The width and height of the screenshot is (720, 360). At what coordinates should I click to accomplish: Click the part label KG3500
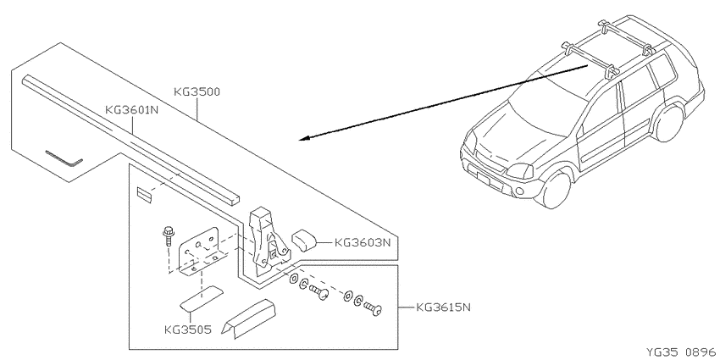[197, 91]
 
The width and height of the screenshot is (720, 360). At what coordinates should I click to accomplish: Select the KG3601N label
[132, 110]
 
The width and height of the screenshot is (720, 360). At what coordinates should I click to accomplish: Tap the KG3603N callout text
[363, 242]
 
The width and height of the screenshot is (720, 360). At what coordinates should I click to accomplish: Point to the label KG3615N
[444, 307]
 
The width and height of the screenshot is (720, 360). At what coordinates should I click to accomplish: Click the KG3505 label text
[188, 330]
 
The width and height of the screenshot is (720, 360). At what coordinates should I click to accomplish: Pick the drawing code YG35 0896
[681, 352]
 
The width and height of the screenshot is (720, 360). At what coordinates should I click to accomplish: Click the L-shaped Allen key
[64, 159]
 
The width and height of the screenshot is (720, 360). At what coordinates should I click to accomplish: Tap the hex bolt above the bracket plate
[168, 235]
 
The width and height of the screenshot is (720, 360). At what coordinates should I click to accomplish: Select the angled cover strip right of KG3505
[248, 318]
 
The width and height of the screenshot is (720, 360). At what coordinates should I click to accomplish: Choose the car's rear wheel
[668, 123]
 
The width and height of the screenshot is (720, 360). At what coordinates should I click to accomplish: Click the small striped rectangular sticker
[144, 193]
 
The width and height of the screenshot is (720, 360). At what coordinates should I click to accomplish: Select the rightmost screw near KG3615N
[373, 307]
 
